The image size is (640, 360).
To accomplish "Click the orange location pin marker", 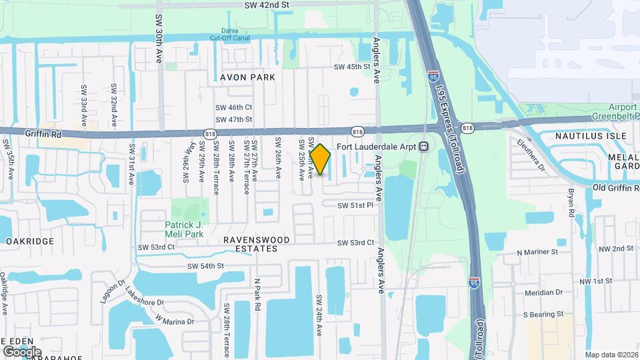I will click(321, 159).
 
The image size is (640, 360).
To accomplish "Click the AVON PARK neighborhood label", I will click(248, 77).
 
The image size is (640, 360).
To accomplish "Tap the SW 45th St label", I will click(351, 67).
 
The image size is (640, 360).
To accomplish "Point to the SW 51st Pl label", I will click(355, 205).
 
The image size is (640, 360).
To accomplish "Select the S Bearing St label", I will click(543, 313).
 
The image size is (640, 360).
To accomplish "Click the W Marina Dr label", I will click(174, 321).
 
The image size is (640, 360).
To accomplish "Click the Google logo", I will click(22, 351).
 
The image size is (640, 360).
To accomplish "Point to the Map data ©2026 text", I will click(611, 355).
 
